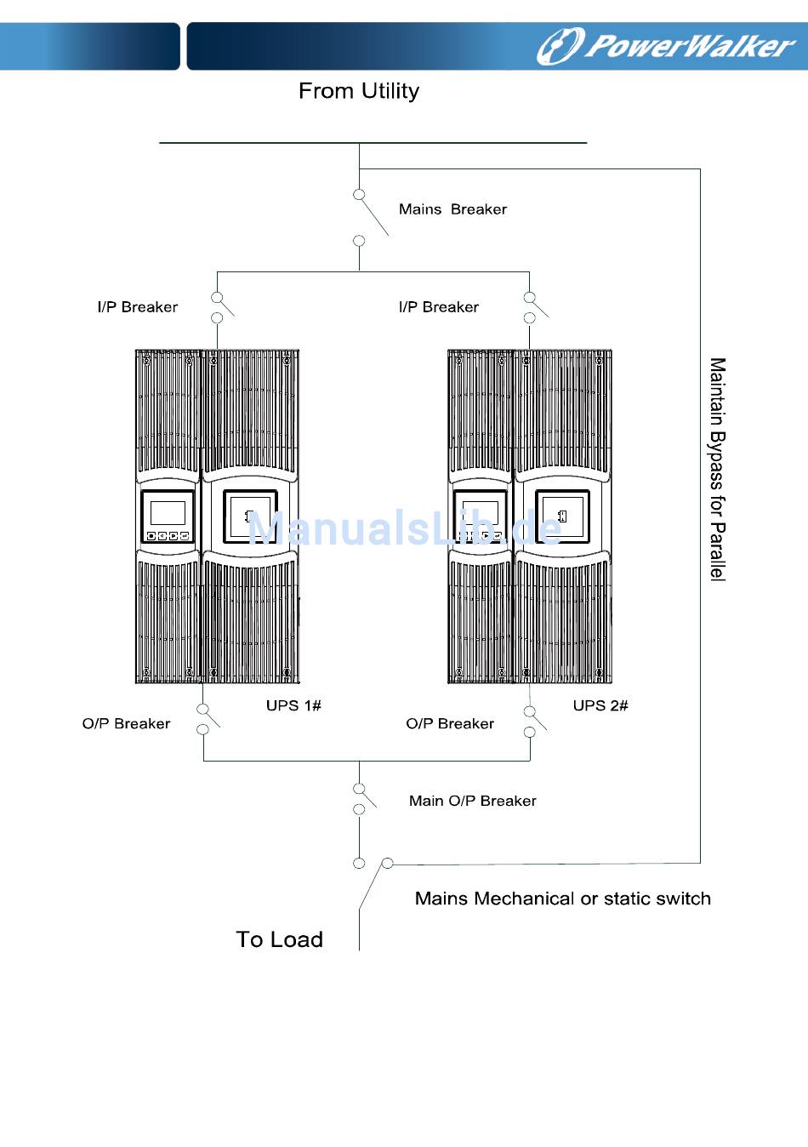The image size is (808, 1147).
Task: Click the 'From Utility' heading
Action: click(x=359, y=91)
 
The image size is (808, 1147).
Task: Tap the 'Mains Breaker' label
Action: click(x=452, y=209)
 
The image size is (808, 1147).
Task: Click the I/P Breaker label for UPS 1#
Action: click(x=138, y=307)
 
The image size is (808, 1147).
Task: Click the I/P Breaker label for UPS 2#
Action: click(x=439, y=307)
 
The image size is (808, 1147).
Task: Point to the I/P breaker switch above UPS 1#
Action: click(x=220, y=307)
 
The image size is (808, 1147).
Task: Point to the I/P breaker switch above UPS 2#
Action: click(x=533, y=307)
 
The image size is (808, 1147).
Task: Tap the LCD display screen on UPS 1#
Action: click(x=168, y=513)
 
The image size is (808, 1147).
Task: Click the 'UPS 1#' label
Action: click(x=293, y=705)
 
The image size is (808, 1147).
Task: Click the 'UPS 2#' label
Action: click(x=600, y=705)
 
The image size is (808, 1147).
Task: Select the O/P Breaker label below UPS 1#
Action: click(x=127, y=724)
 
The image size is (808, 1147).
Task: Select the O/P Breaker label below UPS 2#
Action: click(x=450, y=724)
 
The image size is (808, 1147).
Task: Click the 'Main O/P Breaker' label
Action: click(x=473, y=801)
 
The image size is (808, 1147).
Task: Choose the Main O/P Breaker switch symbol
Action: click(x=362, y=798)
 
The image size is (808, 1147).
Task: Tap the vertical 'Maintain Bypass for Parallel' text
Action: click(x=718, y=469)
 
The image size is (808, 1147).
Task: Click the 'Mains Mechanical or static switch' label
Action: click(x=563, y=899)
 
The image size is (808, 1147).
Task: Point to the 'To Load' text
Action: click(x=280, y=939)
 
